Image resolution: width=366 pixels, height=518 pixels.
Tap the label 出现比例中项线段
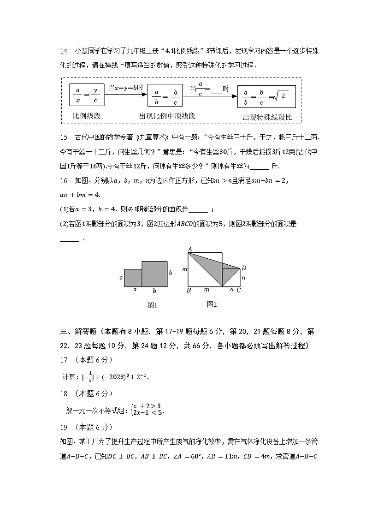tap(167, 116)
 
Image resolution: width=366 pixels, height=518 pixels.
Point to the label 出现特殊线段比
tap(267, 117)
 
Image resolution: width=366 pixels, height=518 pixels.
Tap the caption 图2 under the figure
tap(212, 304)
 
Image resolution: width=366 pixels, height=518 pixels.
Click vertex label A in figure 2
tap(189, 250)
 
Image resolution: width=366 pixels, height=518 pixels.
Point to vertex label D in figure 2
tap(244, 268)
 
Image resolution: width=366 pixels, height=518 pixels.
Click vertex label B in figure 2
tap(189, 290)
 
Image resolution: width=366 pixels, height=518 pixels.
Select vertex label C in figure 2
tap(238, 290)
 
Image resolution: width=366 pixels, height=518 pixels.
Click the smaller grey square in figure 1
tap(133, 278)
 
